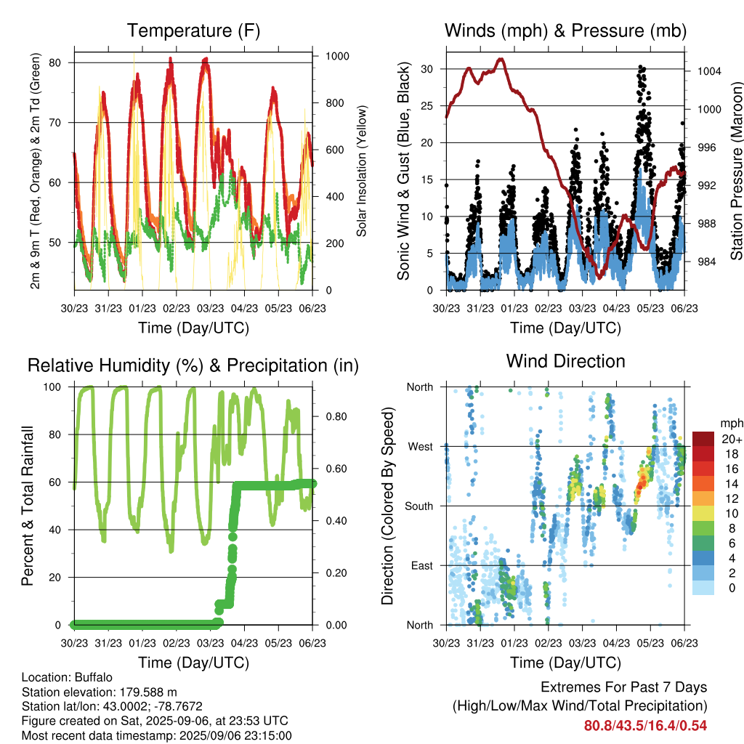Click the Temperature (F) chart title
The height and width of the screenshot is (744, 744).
pos(193,31)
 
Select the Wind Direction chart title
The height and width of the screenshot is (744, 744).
pos(565,361)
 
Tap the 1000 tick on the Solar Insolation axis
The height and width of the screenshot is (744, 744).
pos(337,56)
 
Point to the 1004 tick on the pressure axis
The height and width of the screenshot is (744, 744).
pos(709,71)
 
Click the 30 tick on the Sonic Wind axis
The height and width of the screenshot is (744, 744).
pos(427,69)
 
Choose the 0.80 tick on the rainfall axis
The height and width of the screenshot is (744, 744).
pos(336,416)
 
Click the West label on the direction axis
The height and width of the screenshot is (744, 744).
pos(421,447)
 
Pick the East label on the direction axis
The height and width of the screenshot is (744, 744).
pos(422,565)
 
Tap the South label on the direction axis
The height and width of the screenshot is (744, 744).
pos(419,506)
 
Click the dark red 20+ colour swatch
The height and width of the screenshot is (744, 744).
pos(703,439)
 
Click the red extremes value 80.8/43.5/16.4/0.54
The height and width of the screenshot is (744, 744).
pos(645,726)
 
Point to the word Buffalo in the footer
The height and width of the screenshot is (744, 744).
pos(94,678)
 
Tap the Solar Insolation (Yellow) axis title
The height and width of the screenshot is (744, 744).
pos(362,171)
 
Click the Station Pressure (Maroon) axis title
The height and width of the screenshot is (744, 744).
pos(737,171)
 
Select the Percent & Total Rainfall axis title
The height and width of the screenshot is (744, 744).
pos(28,506)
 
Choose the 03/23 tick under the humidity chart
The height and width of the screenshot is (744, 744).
pos(210,643)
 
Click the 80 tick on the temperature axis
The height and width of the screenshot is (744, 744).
pos(54,62)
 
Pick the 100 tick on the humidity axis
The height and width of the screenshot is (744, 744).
pos(52,387)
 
